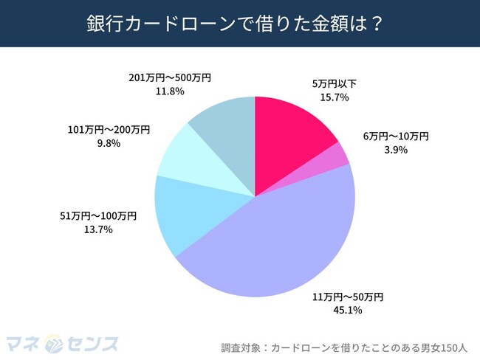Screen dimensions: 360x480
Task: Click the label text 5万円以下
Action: [x=334, y=83]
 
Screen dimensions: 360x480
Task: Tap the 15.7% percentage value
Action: [x=334, y=97]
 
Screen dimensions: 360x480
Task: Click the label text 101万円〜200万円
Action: [x=104, y=130]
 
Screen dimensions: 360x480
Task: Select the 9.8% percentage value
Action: [x=104, y=144]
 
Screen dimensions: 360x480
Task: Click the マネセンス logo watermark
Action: [x=62, y=344]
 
